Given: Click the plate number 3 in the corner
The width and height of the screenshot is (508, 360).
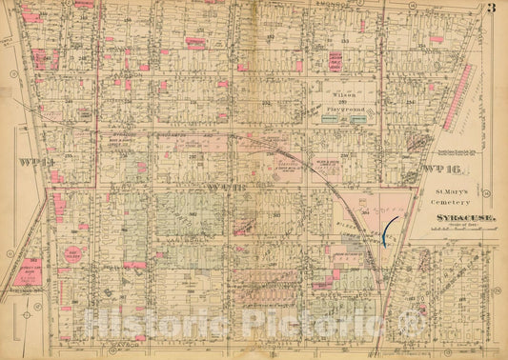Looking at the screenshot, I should coord(490,10).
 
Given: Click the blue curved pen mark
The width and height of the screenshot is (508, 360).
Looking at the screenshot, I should coord(387,230).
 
